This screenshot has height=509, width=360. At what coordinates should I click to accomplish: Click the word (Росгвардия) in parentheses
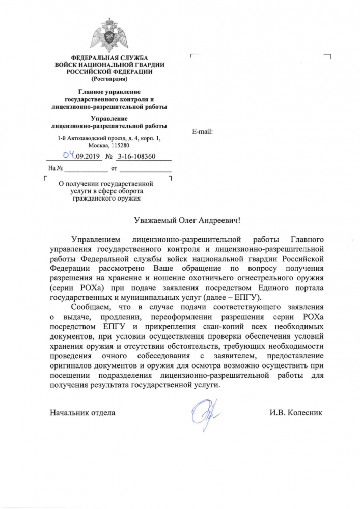click(109, 79)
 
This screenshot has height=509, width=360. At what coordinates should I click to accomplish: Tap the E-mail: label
click(202, 131)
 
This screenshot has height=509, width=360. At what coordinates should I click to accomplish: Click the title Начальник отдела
click(82, 412)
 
